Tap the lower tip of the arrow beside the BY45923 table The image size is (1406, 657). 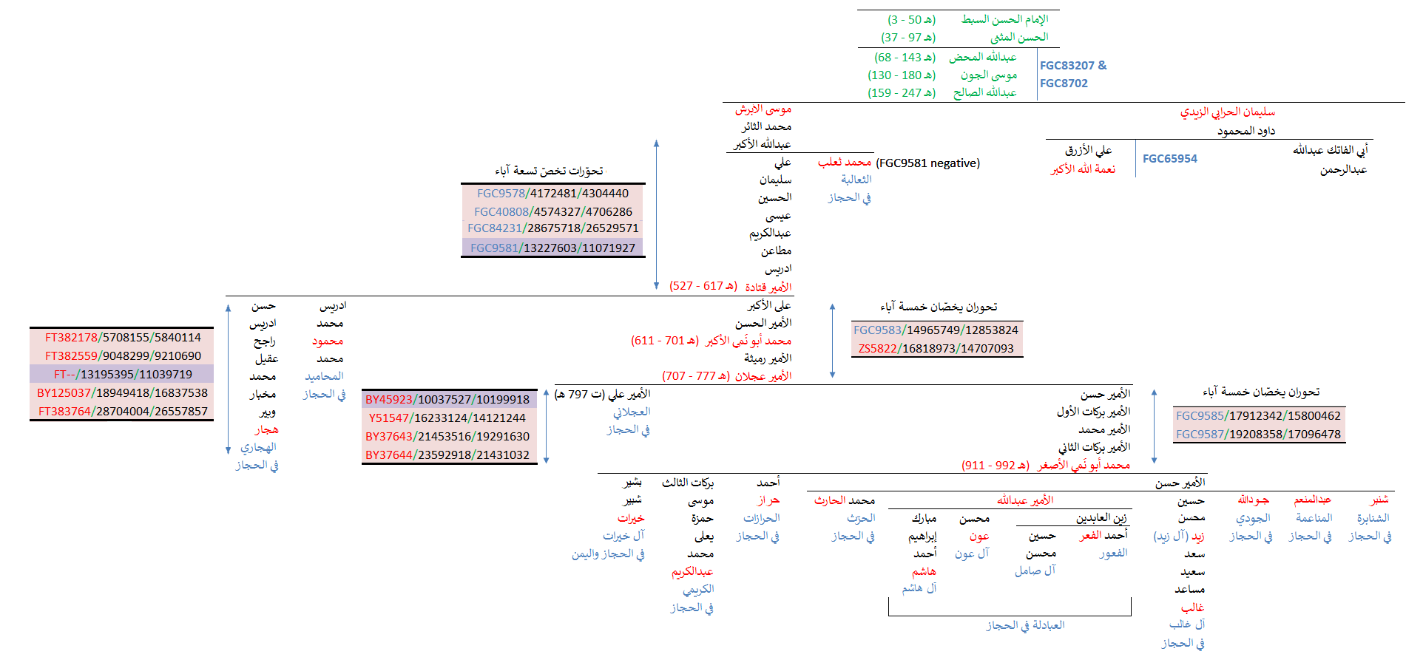click(547, 463)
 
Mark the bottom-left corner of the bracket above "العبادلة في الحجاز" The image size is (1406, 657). click(889, 615)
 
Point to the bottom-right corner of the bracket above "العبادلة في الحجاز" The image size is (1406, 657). click(1131, 615)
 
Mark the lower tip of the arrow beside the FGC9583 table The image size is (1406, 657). click(833, 378)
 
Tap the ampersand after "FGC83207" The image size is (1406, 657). click(1102, 65)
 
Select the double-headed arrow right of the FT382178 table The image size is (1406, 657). click(229, 378)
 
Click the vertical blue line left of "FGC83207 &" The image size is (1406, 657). click(1037, 75)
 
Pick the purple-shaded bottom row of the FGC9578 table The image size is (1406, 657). click(552, 248)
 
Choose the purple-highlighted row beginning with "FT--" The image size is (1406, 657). click(122, 374)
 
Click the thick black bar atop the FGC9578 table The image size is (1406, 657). click(553, 183)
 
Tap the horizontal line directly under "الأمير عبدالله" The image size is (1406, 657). click(1025, 508)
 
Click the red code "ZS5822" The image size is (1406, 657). click(877, 349)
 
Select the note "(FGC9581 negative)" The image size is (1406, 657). click(928, 163)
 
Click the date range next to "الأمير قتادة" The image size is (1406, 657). click(703, 286)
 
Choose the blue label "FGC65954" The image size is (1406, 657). click(1170, 158)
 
